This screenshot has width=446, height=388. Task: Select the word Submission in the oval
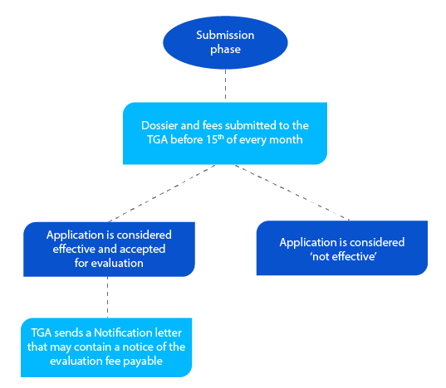(x=225, y=35)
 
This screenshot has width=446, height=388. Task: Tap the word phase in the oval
(x=225, y=50)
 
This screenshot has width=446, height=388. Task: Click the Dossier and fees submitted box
(x=224, y=133)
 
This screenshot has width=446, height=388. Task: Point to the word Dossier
(x=160, y=125)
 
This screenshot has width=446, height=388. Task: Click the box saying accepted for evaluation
(x=109, y=249)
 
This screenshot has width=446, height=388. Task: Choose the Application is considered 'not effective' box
(x=341, y=249)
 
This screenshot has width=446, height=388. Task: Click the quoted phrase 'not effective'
(x=341, y=256)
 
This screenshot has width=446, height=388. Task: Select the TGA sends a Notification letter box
(x=106, y=346)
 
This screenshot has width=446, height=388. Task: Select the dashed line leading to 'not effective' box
(x=291, y=193)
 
